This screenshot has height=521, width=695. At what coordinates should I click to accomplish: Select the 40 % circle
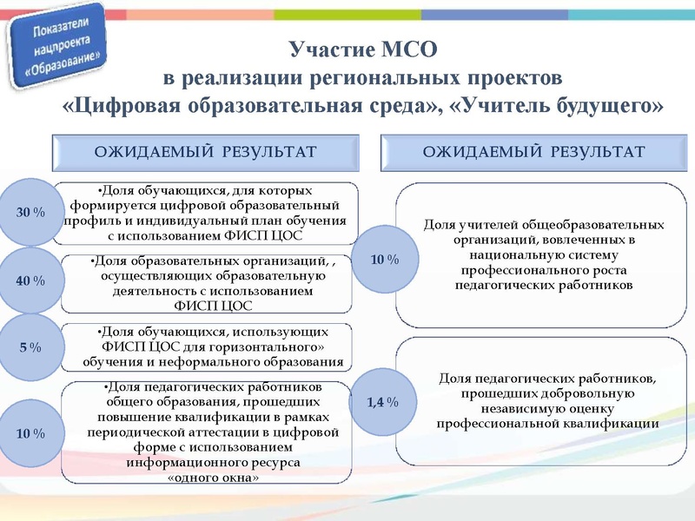click(30, 280)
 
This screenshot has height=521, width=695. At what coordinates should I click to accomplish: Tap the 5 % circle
click(30, 347)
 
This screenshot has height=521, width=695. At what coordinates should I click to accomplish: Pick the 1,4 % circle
click(382, 402)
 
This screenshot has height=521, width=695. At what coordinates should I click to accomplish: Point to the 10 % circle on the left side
click(30, 432)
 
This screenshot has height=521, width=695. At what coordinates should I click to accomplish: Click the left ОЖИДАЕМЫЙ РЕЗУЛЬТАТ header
click(205, 153)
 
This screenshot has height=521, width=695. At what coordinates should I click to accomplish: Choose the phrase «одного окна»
click(213, 478)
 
